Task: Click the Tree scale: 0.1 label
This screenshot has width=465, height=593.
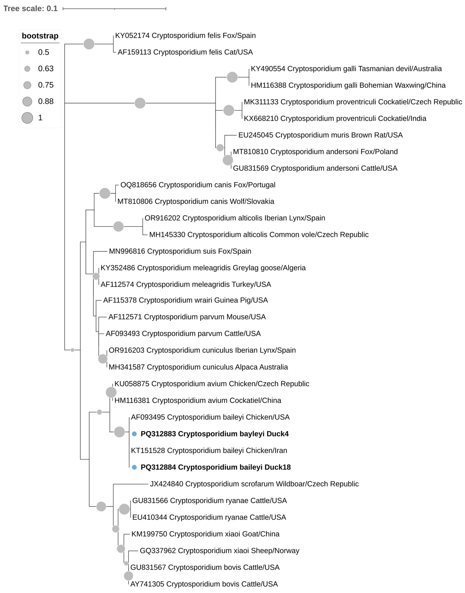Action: coord(30,8)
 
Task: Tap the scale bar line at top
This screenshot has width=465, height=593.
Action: coord(114,9)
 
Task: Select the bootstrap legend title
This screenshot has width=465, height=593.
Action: coord(40,36)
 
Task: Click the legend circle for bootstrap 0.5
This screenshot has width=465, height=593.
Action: coord(27,52)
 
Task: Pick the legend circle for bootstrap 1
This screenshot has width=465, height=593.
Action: coord(27,118)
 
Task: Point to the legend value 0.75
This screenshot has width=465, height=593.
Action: coord(46,85)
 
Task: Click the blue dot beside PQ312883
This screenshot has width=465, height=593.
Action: coord(134,434)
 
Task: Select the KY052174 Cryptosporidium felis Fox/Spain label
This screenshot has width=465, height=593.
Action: coord(185,35)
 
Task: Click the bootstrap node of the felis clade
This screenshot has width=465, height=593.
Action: coord(89,44)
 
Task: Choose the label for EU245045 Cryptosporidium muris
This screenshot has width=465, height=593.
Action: coord(320,135)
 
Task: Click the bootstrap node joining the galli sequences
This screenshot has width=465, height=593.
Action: coord(232,77)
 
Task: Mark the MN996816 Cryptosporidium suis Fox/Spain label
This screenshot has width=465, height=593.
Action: coord(180,251)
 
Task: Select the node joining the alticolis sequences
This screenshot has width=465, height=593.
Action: coord(118,226)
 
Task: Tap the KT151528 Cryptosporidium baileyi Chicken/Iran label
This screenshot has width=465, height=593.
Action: coord(209,450)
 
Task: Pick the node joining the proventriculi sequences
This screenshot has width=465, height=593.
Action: coord(229,110)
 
